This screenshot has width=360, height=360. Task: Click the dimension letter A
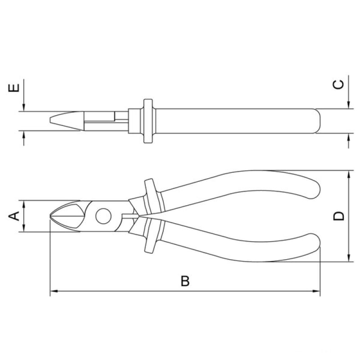(x=14, y=216)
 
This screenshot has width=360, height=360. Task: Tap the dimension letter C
(x=338, y=85)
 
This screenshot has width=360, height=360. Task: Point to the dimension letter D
(x=339, y=216)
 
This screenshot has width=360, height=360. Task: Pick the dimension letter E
(x=14, y=88)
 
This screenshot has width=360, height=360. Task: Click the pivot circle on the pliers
(x=103, y=216)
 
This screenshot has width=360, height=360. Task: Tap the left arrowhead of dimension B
(x=54, y=291)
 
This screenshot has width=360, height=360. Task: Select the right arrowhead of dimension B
(x=316, y=291)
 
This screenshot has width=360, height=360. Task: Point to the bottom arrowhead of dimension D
(x=349, y=258)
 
